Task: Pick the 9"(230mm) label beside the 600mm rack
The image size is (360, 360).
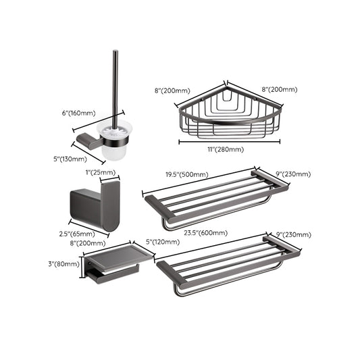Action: [293, 234]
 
